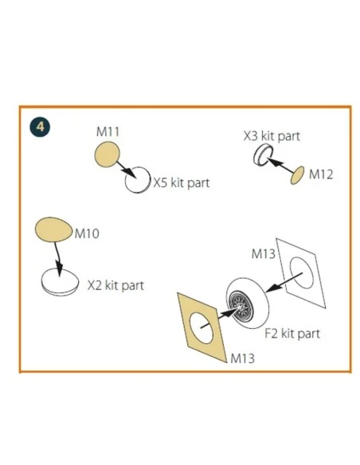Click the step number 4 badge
click(x=40, y=127)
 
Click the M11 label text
click(x=108, y=131)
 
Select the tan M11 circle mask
click(x=107, y=154)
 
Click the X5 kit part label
click(x=181, y=183)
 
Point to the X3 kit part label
click(x=272, y=136)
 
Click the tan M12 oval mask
click(x=297, y=175)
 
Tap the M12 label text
click(x=321, y=174)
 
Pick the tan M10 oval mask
click(x=53, y=229)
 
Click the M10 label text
click(x=87, y=233)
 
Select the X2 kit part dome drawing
click(x=43, y=282)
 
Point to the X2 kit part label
click(x=115, y=286)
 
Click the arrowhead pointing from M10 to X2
click(x=59, y=268)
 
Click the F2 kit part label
click(x=292, y=334)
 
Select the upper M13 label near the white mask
click(x=264, y=254)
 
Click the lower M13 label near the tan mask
click(x=243, y=358)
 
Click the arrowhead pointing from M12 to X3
click(x=272, y=162)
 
